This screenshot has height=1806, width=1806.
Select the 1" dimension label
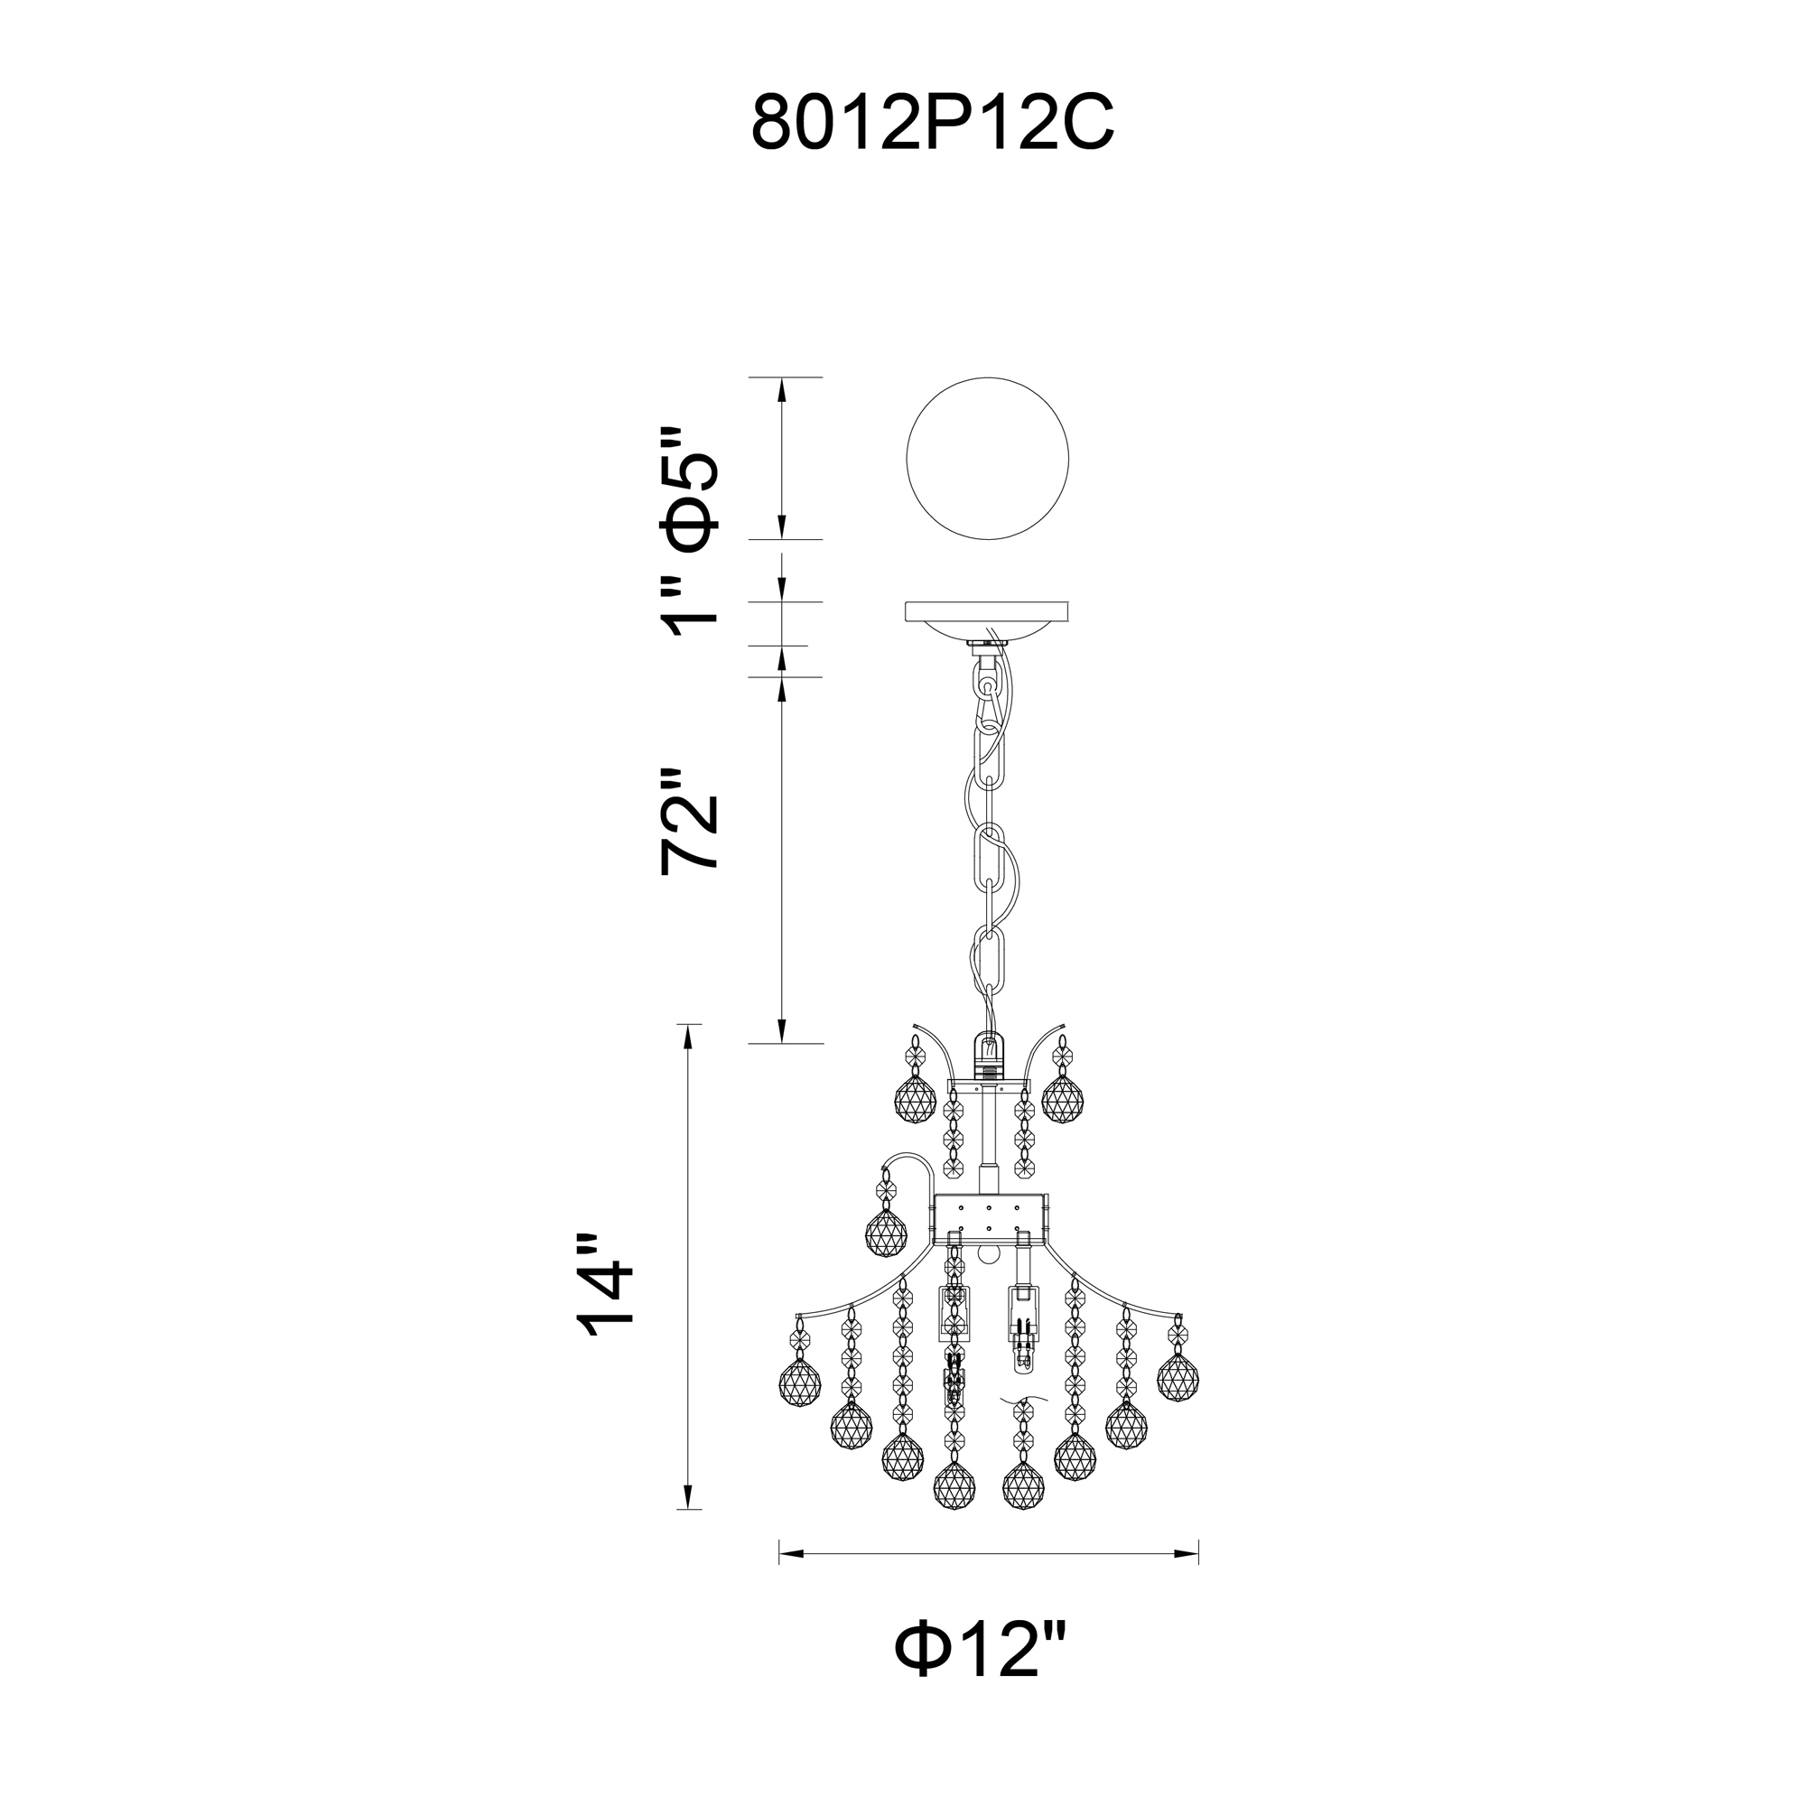coord(690,605)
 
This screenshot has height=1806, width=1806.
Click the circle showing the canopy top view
coord(988,458)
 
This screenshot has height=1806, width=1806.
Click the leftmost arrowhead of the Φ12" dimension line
coord(792,1553)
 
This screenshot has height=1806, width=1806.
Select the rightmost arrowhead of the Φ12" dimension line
coord(1187,1553)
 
